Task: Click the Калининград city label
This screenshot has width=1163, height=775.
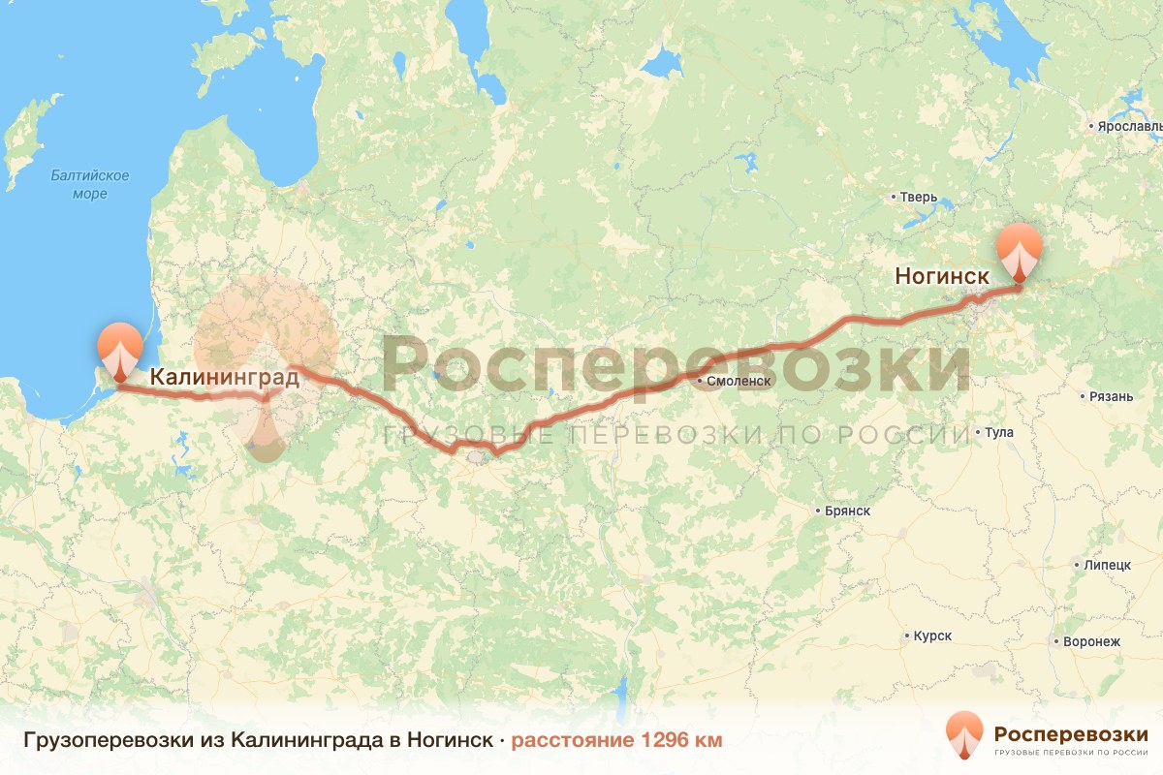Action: (224, 378)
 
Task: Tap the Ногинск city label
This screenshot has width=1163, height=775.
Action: (942, 277)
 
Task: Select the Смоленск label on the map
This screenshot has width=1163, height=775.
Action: (739, 382)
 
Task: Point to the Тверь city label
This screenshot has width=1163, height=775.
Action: (918, 198)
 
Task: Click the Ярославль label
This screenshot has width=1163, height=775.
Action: (1128, 127)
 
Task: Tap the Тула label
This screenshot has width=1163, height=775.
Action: (998, 432)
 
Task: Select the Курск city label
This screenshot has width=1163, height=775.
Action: (931, 636)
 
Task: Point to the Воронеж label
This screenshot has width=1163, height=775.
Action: (1090, 642)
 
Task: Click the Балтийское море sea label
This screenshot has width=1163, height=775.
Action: (89, 184)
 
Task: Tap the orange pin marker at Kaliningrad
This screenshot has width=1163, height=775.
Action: (119, 351)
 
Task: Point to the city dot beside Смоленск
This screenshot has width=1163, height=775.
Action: (701, 382)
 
